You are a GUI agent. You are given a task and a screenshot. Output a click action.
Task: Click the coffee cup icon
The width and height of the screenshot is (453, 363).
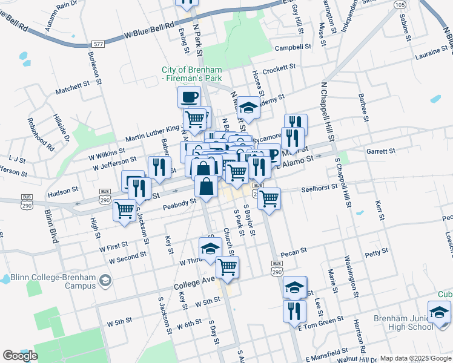click(x=189, y=96)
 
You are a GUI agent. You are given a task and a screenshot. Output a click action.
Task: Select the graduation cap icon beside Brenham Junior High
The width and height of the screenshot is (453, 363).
click(x=440, y=313)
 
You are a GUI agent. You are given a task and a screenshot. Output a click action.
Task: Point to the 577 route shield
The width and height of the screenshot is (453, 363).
click(x=99, y=44)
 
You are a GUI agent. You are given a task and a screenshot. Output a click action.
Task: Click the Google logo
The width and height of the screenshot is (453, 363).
click(x=21, y=356)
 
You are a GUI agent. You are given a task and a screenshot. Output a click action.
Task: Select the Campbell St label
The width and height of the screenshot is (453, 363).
click(x=293, y=47)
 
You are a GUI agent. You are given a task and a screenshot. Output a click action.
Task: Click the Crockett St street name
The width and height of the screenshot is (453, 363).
click(x=279, y=67)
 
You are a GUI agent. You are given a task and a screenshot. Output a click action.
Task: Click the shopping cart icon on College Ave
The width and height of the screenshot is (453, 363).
click(x=228, y=267)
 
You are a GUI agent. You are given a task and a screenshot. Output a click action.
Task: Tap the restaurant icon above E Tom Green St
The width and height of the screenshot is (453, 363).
click(x=294, y=311)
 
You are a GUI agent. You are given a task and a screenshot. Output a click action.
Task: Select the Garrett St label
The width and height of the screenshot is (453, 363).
click(x=380, y=151)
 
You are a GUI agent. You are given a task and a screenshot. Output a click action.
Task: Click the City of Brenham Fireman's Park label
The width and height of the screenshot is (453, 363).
click(x=191, y=74)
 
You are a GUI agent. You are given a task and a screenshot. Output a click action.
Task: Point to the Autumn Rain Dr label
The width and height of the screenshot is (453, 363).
click(x=61, y=15)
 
